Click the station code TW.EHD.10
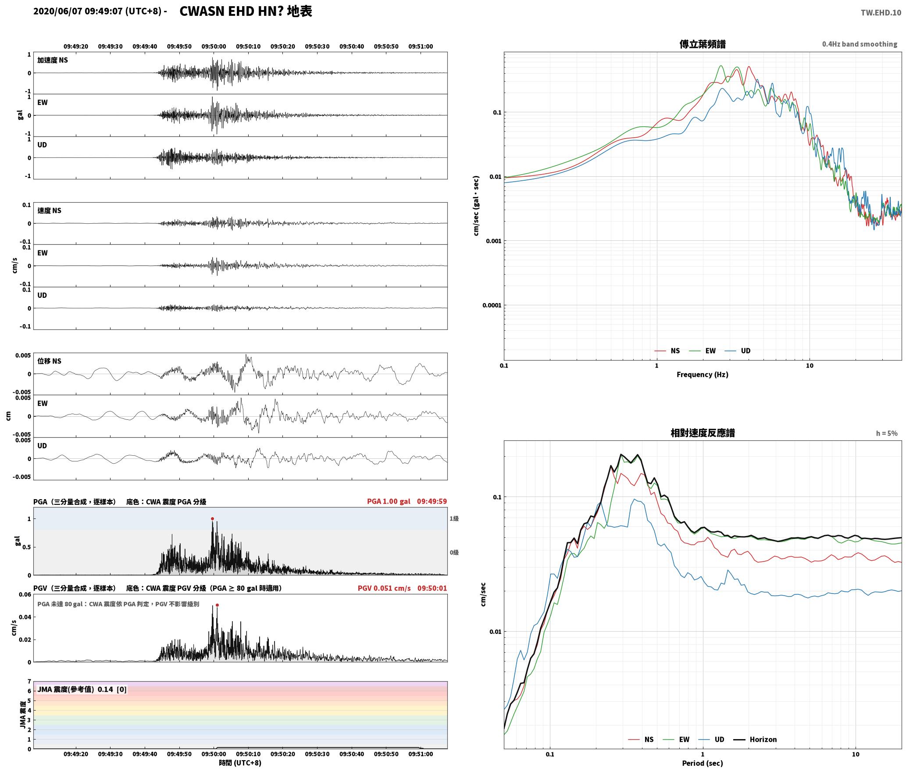881,13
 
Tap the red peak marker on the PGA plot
213,518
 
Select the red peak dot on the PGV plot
217,605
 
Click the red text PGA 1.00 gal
389,501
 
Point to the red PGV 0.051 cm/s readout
384,588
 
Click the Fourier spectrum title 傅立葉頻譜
702,44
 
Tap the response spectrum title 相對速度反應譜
703,433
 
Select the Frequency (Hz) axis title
702,375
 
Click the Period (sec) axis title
702,763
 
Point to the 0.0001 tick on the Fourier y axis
492,305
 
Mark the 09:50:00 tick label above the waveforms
214,46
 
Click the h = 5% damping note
887,433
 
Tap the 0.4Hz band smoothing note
860,44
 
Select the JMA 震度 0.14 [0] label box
82,690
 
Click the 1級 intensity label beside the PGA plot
454,519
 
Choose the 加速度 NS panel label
53,61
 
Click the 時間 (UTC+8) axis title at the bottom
240,763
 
